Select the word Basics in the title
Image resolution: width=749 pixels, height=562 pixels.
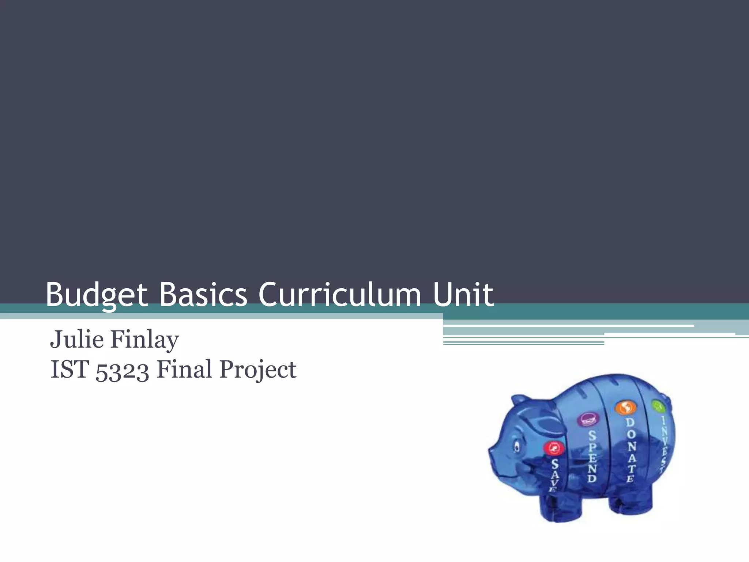[x=203, y=295]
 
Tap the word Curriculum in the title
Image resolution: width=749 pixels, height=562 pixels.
[x=340, y=295]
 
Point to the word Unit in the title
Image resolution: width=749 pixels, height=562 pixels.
[x=463, y=295]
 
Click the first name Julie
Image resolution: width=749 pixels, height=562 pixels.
[x=77, y=340]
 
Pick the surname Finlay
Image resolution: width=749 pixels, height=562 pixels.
[x=144, y=340]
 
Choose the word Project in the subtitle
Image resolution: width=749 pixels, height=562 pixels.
[x=257, y=370]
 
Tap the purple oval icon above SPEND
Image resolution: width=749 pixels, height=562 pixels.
[x=588, y=420]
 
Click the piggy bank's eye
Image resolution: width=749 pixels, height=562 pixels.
[x=517, y=446]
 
